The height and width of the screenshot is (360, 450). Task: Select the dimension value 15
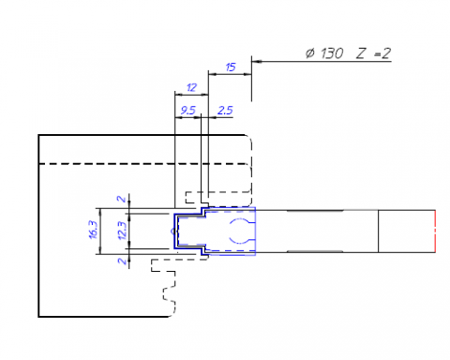[231, 68]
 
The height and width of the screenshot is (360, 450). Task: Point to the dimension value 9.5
[187, 110]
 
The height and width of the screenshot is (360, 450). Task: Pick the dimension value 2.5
[224, 110]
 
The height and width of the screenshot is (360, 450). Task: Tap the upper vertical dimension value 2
[120, 199]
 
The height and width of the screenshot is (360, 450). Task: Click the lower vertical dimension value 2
[120, 261]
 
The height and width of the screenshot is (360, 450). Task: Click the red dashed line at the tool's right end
[436, 230]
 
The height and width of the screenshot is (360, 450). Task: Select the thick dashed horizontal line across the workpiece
[141, 164]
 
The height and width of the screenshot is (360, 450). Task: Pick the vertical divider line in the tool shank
[378, 230]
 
